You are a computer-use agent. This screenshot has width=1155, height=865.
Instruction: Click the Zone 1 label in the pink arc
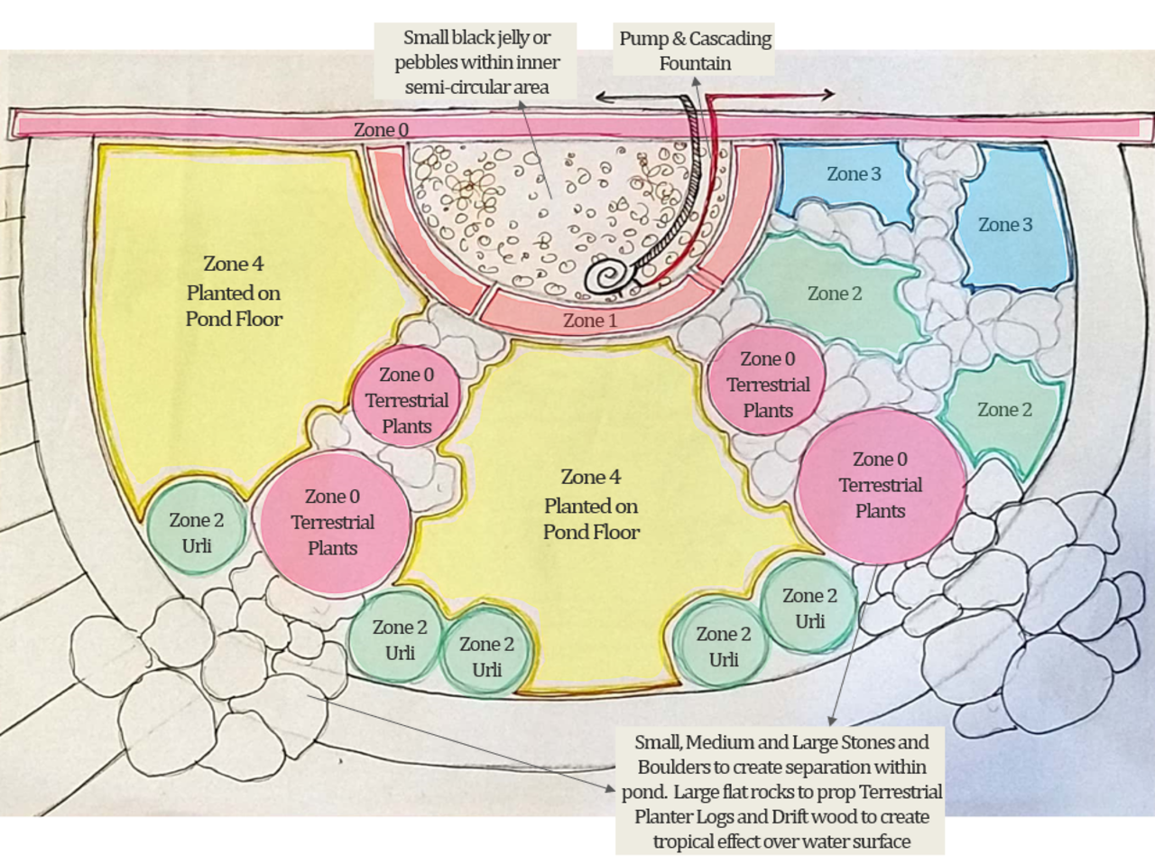[590, 321]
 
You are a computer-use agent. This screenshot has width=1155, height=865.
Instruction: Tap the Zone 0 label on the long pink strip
[381, 129]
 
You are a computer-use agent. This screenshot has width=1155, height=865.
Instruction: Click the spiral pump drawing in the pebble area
[609, 276]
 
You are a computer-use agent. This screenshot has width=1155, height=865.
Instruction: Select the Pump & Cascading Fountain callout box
[695, 50]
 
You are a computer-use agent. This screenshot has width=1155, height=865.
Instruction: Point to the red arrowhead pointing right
[828, 94]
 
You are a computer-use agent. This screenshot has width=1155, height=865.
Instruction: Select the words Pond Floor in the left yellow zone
[234, 319]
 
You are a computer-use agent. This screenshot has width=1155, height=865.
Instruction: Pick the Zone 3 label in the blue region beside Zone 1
[854, 174]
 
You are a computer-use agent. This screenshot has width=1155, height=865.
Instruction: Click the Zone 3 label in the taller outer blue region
[1005, 225]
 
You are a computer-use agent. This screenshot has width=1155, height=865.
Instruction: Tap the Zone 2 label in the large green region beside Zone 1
[835, 293]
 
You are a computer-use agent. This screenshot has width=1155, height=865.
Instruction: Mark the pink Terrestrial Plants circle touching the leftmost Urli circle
[335, 524]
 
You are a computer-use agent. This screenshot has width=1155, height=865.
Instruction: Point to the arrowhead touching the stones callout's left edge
[610, 788]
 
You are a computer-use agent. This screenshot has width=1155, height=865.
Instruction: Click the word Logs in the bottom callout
[714, 816]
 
